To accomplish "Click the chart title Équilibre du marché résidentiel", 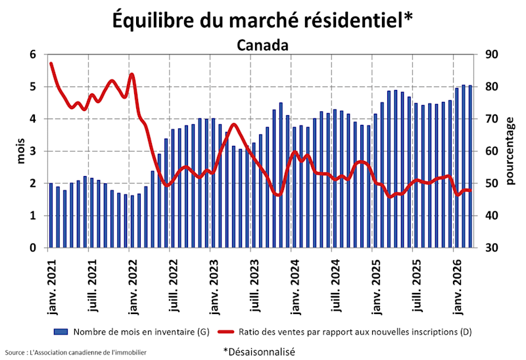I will tap(262, 20).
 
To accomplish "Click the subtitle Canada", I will tap(262, 45).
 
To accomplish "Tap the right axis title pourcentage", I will tap(510, 151).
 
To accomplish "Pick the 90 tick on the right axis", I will tap(492, 55).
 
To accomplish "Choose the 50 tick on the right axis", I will tap(492, 184).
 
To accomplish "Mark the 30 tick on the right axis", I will tap(492, 248).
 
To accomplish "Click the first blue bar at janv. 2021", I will tap(51, 215).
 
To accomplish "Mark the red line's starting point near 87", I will tap(51, 63).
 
